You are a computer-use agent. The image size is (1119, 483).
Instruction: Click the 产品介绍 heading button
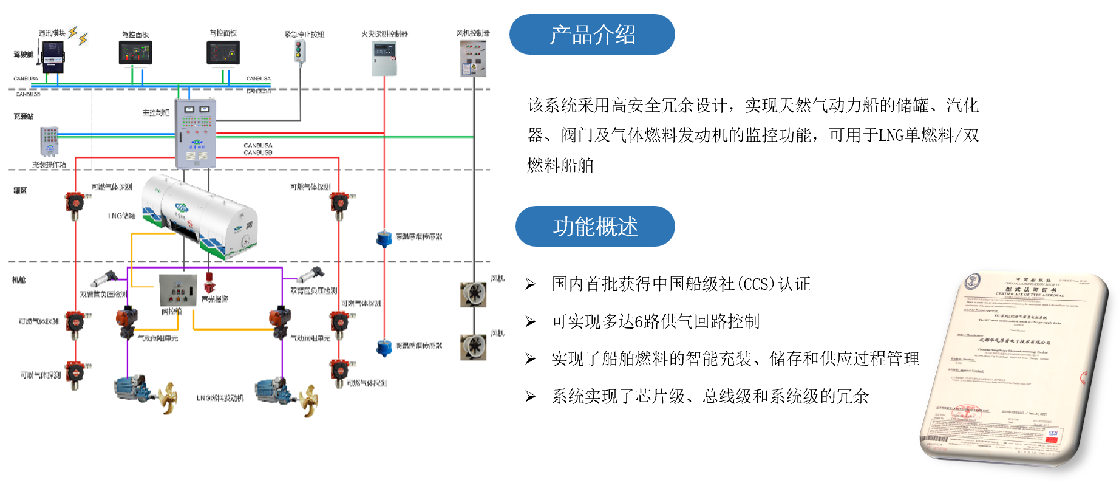[x=591, y=35]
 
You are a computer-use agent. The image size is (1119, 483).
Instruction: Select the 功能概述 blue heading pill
[x=594, y=227]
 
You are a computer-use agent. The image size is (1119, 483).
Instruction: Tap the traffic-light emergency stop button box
[x=299, y=51]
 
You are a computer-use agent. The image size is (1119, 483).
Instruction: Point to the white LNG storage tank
[x=200, y=215]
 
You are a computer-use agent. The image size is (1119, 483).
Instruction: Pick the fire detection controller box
[x=384, y=59]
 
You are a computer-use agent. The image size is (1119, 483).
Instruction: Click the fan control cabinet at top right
[x=473, y=58]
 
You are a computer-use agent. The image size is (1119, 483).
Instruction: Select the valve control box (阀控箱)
[x=178, y=290]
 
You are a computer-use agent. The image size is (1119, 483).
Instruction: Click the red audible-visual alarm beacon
[x=209, y=283]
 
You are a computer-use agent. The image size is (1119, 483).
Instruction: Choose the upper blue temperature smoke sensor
[x=384, y=239]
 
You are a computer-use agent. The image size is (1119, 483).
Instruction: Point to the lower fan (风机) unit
[x=473, y=346]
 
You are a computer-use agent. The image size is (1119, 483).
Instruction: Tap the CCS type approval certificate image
[x=1014, y=368]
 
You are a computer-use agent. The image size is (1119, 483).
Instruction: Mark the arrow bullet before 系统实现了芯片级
[x=531, y=397]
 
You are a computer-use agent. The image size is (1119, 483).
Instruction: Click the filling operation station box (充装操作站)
[x=49, y=142]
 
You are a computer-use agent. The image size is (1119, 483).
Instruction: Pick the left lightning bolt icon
[x=73, y=32]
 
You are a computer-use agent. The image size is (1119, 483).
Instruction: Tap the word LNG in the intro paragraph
[x=891, y=135]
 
